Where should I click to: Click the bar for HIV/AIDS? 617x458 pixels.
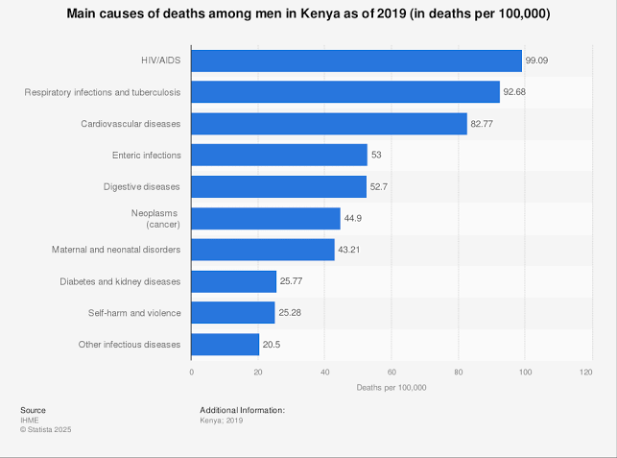click(x=357, y=60)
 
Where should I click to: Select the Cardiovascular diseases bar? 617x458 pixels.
click(x=329, y=124)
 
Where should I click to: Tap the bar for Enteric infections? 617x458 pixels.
click(x=279, y=155)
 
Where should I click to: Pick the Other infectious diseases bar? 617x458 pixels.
click(x=225, y=345)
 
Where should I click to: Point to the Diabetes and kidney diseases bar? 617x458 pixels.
click(x=234, y=281)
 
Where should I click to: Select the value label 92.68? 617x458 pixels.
click(x=515, y=92)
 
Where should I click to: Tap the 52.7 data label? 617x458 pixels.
click(x=380, y=187)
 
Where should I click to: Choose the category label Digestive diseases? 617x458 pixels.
click(x=142, y=186)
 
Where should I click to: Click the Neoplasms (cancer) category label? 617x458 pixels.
click(x=155, y=218)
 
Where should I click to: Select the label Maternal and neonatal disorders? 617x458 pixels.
click(x=116, y=250)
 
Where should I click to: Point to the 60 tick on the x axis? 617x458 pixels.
click(x=392, y=371)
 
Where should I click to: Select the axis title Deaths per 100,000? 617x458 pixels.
click(x=392, y=387)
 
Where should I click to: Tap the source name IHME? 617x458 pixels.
click(x=29, y=420)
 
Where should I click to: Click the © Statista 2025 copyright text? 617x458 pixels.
click(x=46, y=429)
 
